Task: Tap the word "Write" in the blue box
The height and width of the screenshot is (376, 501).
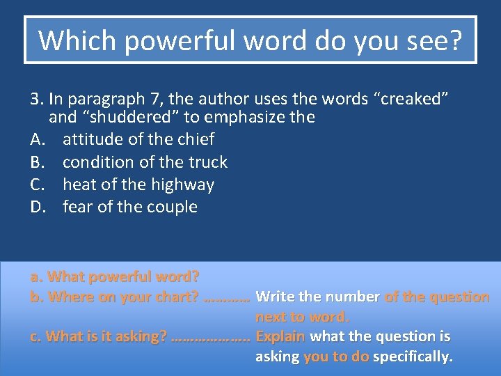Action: [x=274, y=297]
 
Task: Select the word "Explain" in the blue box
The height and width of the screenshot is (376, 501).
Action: [x=280, y=337]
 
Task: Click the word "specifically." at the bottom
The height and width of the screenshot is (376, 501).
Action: [x=413, y=357]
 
